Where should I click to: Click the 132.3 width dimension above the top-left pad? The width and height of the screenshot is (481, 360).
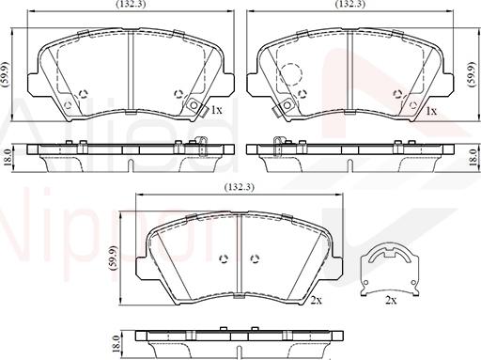(131, 4)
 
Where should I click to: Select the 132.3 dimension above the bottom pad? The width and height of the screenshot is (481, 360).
(240, 187)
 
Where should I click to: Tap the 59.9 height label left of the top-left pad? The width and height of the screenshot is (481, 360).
(7, 74)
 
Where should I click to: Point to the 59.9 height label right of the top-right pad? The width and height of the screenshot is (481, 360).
(471, 74)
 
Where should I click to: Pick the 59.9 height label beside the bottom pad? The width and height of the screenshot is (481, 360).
(114, 258)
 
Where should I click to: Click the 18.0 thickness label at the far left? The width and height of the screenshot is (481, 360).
(8, 158)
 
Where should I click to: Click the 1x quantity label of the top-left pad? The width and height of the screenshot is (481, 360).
(216, 110)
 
